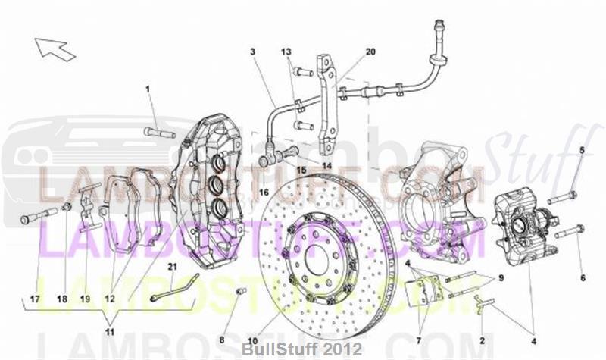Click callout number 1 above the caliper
pyautogui.click(x=148, y=90)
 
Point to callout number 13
pyautogui.click(x=287, y=52)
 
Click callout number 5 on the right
pyautogui.click(x=583, y=150)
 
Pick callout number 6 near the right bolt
pyautogui.click(x=583, y=277)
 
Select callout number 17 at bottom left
pyautogui.click(x=35, y=299)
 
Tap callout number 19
pyautogui.click(x=85, y=299)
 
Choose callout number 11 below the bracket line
pyautogui.click(x=111, y=332)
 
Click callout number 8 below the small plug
pyautogui.click(x=223, y=340)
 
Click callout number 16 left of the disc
pyautogui.click(x=264, y=193)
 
